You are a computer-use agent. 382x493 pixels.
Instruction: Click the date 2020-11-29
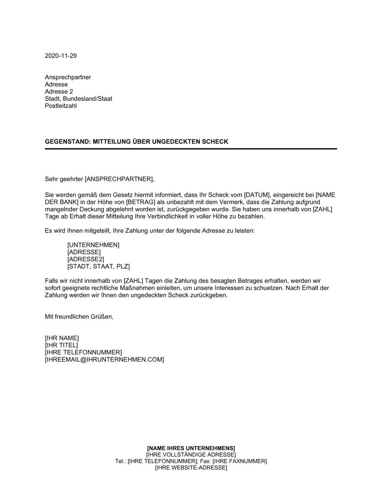pos(61,56)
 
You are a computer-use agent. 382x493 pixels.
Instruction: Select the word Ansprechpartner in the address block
pos(68,77)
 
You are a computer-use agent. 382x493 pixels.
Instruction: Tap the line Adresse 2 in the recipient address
pos(59,92)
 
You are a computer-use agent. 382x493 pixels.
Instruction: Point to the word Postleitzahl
pos(61,106)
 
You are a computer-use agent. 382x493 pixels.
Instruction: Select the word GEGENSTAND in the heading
pos(66,142)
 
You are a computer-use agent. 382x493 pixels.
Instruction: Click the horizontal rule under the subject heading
pos(191,149)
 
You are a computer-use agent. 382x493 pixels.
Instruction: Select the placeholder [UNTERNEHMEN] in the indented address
pos(93,245)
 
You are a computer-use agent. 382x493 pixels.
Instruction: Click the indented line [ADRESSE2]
pos(86,259)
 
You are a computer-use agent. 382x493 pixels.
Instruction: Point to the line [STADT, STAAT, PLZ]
pos(99,266)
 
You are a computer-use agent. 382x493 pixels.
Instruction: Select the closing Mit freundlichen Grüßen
pos(79,317)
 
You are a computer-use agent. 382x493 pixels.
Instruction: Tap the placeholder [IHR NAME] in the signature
pos(62,338)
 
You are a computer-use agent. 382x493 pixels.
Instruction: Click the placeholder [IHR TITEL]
pos(61,345)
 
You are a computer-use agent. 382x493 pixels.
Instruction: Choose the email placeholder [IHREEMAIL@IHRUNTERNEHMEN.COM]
pos(104,360)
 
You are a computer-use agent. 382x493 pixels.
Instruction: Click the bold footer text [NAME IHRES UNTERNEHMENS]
pos(191,448)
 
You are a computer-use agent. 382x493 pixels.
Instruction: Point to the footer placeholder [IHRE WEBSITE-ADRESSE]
pos(191,468)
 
